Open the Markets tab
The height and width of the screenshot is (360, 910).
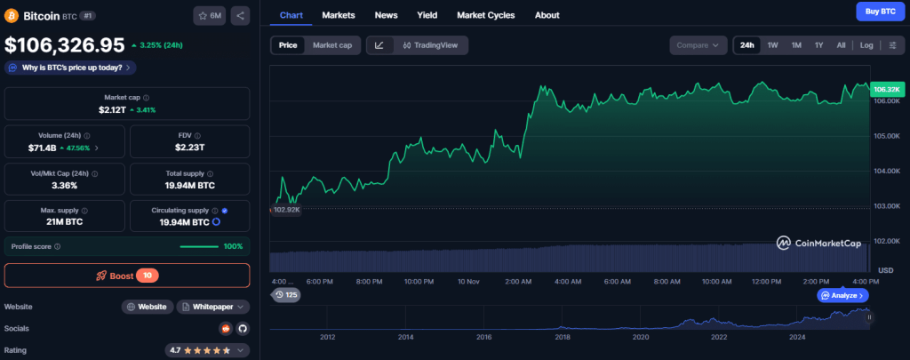[x=339, y=15]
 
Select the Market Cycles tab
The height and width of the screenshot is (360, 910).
[x=486, y=15]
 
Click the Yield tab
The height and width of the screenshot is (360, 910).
[x=427, y=15]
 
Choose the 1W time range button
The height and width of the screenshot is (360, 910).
[x=772, y=45]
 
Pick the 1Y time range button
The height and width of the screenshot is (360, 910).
[x=818, y=45]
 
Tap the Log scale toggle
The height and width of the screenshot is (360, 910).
[x=866, y=45]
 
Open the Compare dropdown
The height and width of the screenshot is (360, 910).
[x=698, y=45]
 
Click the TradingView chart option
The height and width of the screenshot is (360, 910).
[x=429, y=45]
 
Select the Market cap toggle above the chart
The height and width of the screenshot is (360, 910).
[x=331, y=45]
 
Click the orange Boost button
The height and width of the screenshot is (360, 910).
[x=127, y=276]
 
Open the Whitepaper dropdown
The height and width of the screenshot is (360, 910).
[x=213, y=307]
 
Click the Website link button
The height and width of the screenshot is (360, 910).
[x=147, y=307]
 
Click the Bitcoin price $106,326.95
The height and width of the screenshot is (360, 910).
[x=64, y=44]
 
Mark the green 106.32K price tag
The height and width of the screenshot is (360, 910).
[x=887, y=90]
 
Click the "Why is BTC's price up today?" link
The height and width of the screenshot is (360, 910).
[x=70, y=67]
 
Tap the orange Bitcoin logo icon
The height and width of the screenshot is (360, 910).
[x=12, y=15]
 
